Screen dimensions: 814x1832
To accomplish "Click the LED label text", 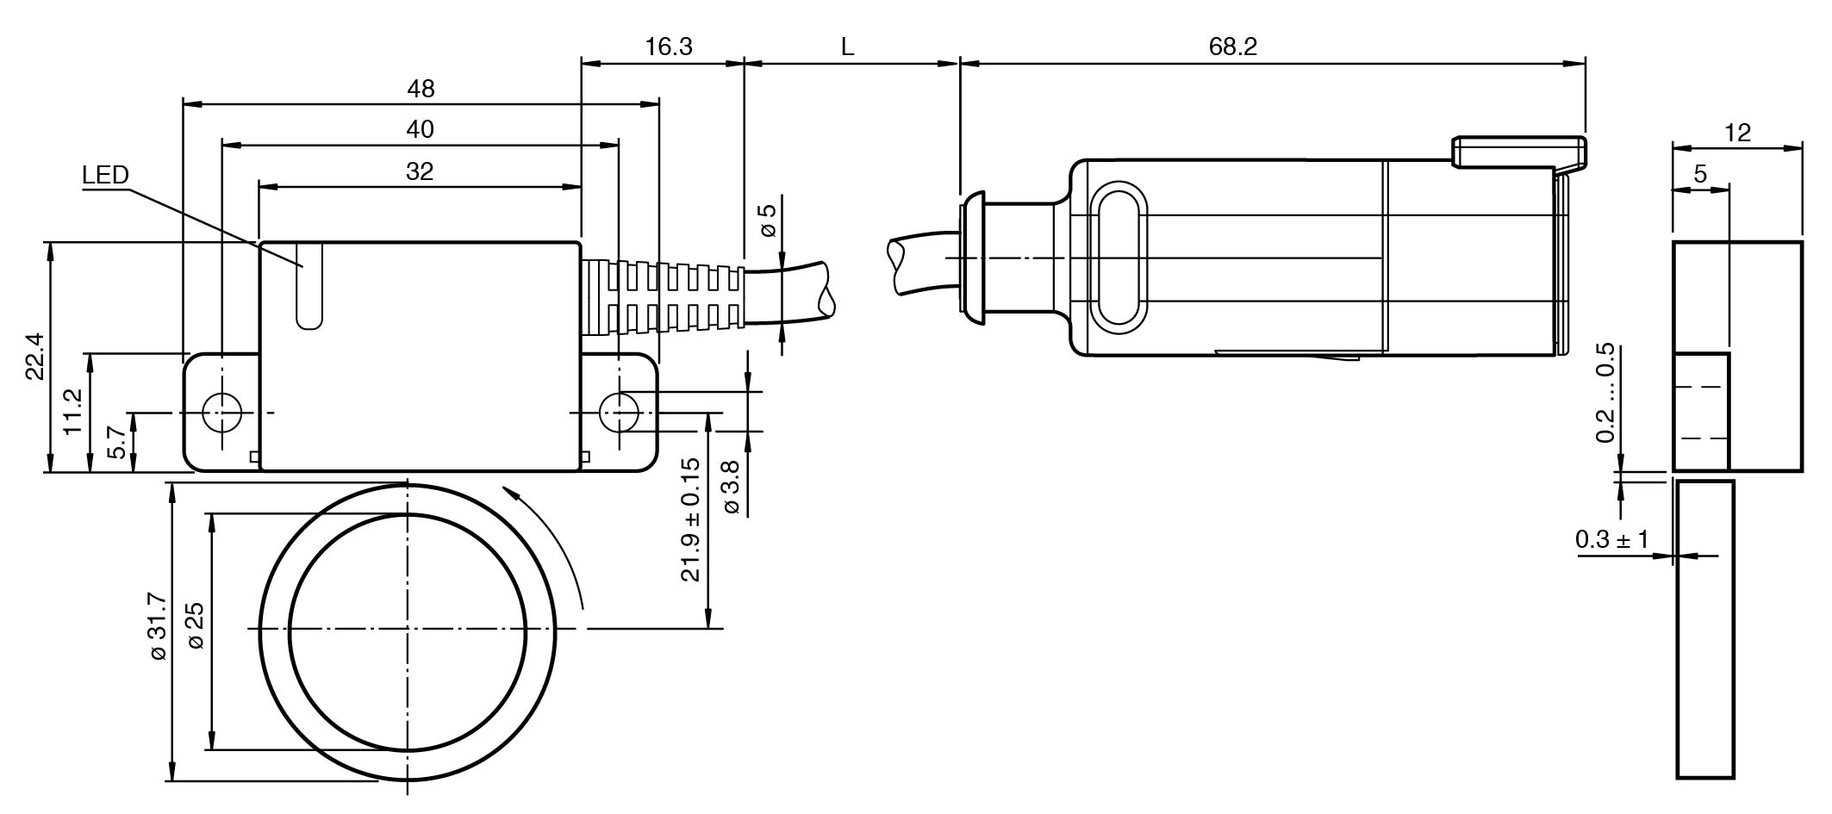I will click(x=105, y=176).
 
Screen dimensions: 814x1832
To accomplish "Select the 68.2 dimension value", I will click(x=1232, y=47).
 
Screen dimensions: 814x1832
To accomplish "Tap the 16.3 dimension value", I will click(x=669, y=47).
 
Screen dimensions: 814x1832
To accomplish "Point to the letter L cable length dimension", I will click(x=847, y=47).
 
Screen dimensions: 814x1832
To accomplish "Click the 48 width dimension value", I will click(x=421, y=89).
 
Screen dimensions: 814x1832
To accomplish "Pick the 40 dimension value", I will click(x=420, y=130).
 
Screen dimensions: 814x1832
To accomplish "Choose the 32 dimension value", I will click(x=420, y=171).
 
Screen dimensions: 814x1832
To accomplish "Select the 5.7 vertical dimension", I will click(x=118, y=443).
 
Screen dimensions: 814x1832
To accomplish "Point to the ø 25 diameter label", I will click(x=196, y=626).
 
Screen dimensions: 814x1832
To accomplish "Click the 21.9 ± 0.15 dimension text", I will click(x=692, y=520).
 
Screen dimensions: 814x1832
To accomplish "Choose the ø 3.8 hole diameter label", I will click(x=731, y=488).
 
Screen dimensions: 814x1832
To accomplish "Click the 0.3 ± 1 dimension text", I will click(x=1611, y=540).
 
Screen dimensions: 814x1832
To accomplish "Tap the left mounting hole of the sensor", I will click(x=221, y=412).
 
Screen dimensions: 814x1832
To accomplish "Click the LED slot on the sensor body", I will click(x=309, y=285).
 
